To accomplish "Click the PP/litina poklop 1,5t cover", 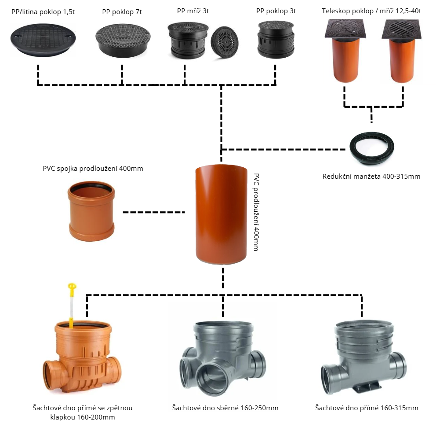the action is [x=43, y=39].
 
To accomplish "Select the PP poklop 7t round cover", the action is [x=123, y=40].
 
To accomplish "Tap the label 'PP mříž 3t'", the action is [x=193, y=11].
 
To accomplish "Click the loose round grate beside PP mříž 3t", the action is [x=225, y=42].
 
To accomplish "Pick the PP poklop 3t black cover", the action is [x=276, y=39].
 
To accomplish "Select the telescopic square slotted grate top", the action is [x=402, y=29].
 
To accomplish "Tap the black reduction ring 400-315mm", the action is [x=372, y=148].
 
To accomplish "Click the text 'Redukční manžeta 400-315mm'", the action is [x=371, y=177].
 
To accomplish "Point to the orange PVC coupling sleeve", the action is [x=91, y=211].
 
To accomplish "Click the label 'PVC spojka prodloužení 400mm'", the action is [x=93, y=169].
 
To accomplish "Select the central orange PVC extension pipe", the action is [x=221, y=214].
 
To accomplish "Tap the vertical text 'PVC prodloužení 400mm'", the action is [x=256, y=212].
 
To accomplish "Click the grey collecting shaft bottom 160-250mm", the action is [x=223, y=358].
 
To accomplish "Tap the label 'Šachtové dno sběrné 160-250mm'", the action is [x=225, y=408].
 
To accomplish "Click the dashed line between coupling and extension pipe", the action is [x=154, y=212].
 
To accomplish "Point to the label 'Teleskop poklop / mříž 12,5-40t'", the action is [x=371, y=11].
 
